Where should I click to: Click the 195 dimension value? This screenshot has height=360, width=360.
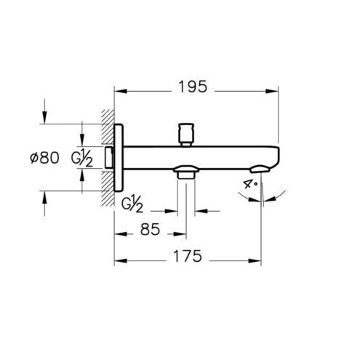(193, 87)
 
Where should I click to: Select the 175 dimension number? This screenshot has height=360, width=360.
(188, 256)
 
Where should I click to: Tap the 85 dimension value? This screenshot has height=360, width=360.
(150, 229)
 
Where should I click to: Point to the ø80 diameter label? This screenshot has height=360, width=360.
(44, 158)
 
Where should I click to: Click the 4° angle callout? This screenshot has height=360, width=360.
(249, 184)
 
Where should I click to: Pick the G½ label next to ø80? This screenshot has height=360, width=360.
(81, 158)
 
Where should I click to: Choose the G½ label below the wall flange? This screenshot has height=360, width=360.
(132, 204)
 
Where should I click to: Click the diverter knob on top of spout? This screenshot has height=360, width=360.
(186, 135)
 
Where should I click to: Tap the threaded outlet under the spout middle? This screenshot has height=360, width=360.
(186, 172)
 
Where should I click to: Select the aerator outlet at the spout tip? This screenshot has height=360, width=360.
(260, 169)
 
